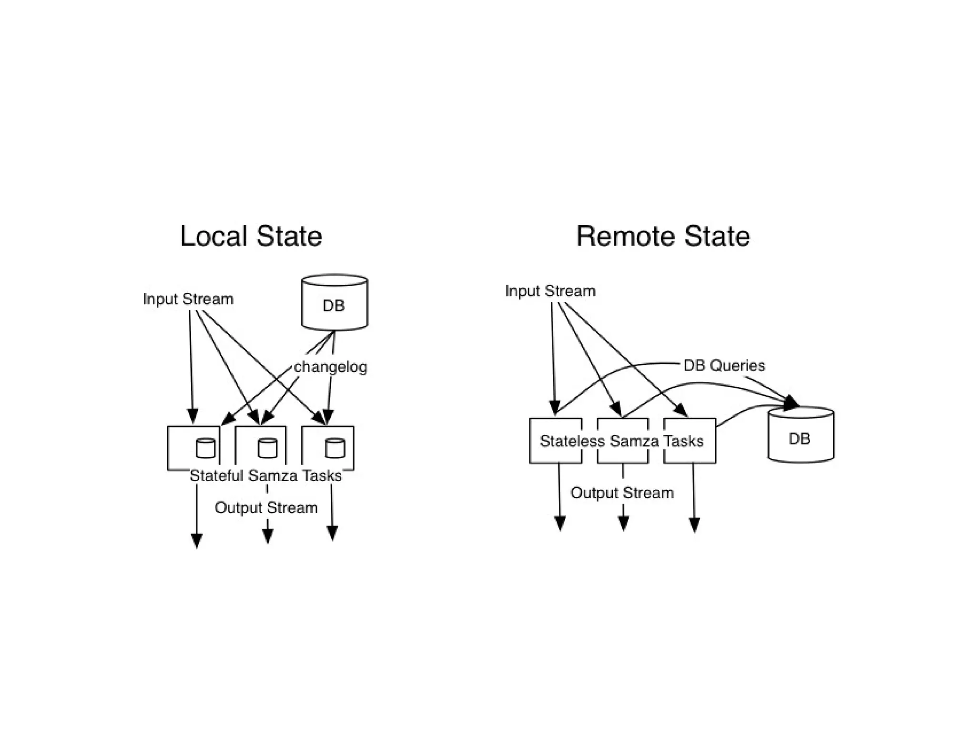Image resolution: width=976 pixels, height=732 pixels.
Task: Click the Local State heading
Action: point(251,237)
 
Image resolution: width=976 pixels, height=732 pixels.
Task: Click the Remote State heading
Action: point(663,237)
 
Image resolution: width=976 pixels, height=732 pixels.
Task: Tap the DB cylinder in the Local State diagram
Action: point(334,302)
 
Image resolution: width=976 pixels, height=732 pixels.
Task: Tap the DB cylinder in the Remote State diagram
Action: point(801,435)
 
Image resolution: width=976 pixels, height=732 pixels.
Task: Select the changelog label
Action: point(330,367)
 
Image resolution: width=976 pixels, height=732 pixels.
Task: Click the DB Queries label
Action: point(724,365)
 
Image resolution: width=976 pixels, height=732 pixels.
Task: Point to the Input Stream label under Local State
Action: point(188,299)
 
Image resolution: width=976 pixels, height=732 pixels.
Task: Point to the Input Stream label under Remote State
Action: point(550,291)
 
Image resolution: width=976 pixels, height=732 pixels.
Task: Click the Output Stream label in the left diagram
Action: point(266,507)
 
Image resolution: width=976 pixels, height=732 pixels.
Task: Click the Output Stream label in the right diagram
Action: point(622,493)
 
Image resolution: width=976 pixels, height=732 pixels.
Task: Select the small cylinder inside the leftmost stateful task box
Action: point(205,448)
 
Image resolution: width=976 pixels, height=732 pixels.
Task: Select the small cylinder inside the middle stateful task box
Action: point(267,448)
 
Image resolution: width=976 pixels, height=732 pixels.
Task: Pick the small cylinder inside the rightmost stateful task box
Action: point(335,448)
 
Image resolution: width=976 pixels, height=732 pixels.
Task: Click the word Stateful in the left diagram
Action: point(216,475)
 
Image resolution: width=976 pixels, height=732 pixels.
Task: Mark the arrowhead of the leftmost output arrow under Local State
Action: point(196,541)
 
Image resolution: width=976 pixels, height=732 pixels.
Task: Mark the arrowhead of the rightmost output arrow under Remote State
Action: point(694,525)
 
